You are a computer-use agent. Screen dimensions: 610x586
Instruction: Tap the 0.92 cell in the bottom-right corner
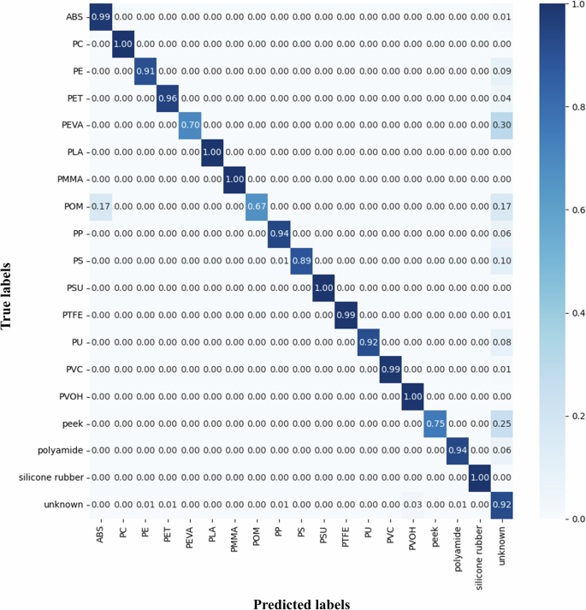pyautogui.click(x=503, y=505)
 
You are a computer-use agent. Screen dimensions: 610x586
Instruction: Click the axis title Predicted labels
pyautogui.click(x=301, y=604)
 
